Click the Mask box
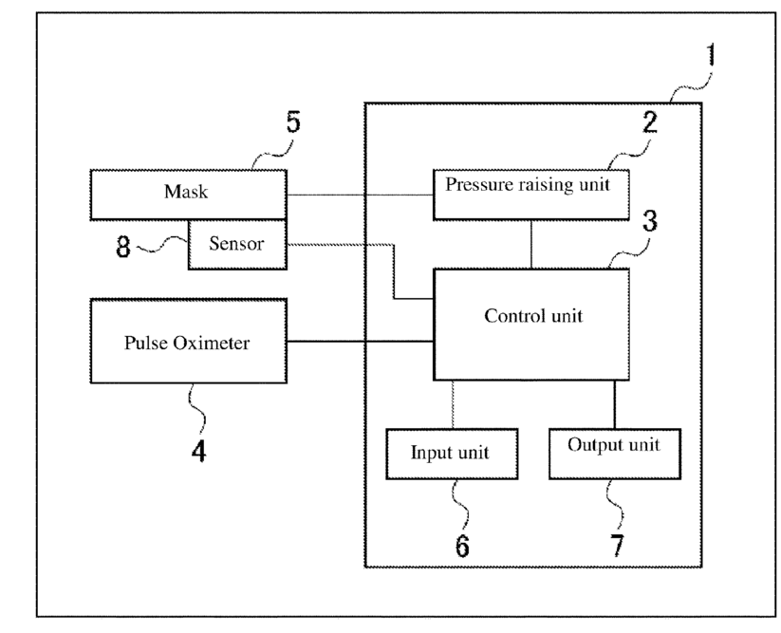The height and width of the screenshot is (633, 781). coord(188,195)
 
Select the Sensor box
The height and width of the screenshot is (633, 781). coord(237,245)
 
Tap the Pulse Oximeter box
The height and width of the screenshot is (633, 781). coord(188,341)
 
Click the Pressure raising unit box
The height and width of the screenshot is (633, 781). coord(531,195)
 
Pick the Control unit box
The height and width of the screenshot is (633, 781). coord(531,325)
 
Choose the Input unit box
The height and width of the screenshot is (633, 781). coord(452,454)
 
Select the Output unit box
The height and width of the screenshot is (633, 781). coord(615,454)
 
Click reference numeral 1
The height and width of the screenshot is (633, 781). coord(712,55)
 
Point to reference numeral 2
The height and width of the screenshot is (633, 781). coord(649,122)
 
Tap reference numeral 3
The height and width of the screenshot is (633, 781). coord(649,220)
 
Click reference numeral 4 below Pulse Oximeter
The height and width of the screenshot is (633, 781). coord(198,452)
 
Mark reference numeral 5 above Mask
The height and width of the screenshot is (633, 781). coord(293,122)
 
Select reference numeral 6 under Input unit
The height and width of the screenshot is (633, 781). coord(462,546)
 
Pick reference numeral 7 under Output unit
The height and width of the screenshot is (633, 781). coord(617,546)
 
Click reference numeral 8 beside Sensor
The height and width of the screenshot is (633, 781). coord(123,247)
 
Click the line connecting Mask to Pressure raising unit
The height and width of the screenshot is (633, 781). coord(360,195)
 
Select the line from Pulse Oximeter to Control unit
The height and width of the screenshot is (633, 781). coord(360,341)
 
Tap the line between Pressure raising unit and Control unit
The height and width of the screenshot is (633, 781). coord(531,245)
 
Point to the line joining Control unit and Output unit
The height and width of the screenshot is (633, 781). coord(614,404)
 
